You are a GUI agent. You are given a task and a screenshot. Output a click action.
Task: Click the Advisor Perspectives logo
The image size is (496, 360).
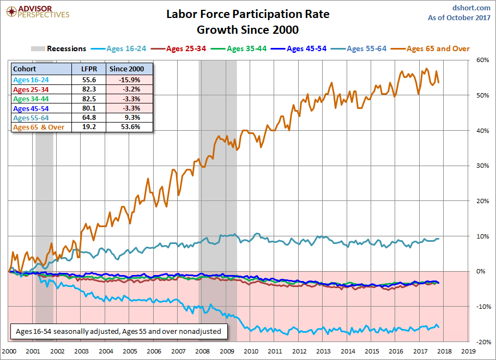(38, 11)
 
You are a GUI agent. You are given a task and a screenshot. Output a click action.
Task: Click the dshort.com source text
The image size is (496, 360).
(471, 8)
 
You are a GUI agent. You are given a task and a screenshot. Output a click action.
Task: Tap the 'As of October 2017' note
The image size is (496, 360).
(459, 17)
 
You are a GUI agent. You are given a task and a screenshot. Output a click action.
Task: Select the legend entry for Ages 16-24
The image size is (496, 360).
(119, 48)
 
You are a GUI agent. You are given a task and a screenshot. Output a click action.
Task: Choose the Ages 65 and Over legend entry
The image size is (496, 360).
(430, 48)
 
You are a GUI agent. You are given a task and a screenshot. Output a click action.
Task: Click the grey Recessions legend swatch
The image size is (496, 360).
(38, 48)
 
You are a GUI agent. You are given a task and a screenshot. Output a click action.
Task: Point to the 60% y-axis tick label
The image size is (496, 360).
(482, 60)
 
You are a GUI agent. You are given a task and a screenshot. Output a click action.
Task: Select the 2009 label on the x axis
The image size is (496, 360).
(227, 351)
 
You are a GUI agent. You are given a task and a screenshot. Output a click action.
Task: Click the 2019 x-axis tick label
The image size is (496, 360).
(468, 351)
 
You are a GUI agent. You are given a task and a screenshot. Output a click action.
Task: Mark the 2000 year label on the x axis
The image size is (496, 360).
(9, 351)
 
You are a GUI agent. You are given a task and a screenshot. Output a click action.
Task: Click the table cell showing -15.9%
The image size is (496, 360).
(129, 80)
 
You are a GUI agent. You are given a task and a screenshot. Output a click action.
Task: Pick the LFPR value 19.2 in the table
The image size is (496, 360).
(89, 127)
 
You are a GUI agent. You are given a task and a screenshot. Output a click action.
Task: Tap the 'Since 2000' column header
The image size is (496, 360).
(127, 69)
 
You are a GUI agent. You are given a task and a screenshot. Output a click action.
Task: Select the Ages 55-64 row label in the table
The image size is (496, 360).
(31, 118)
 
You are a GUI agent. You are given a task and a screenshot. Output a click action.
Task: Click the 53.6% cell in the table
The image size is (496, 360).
(129, 127)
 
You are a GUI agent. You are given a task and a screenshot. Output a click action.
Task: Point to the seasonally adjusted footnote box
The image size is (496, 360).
(119, 332)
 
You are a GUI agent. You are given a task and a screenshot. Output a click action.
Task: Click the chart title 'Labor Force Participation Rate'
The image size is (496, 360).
(248, 14)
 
